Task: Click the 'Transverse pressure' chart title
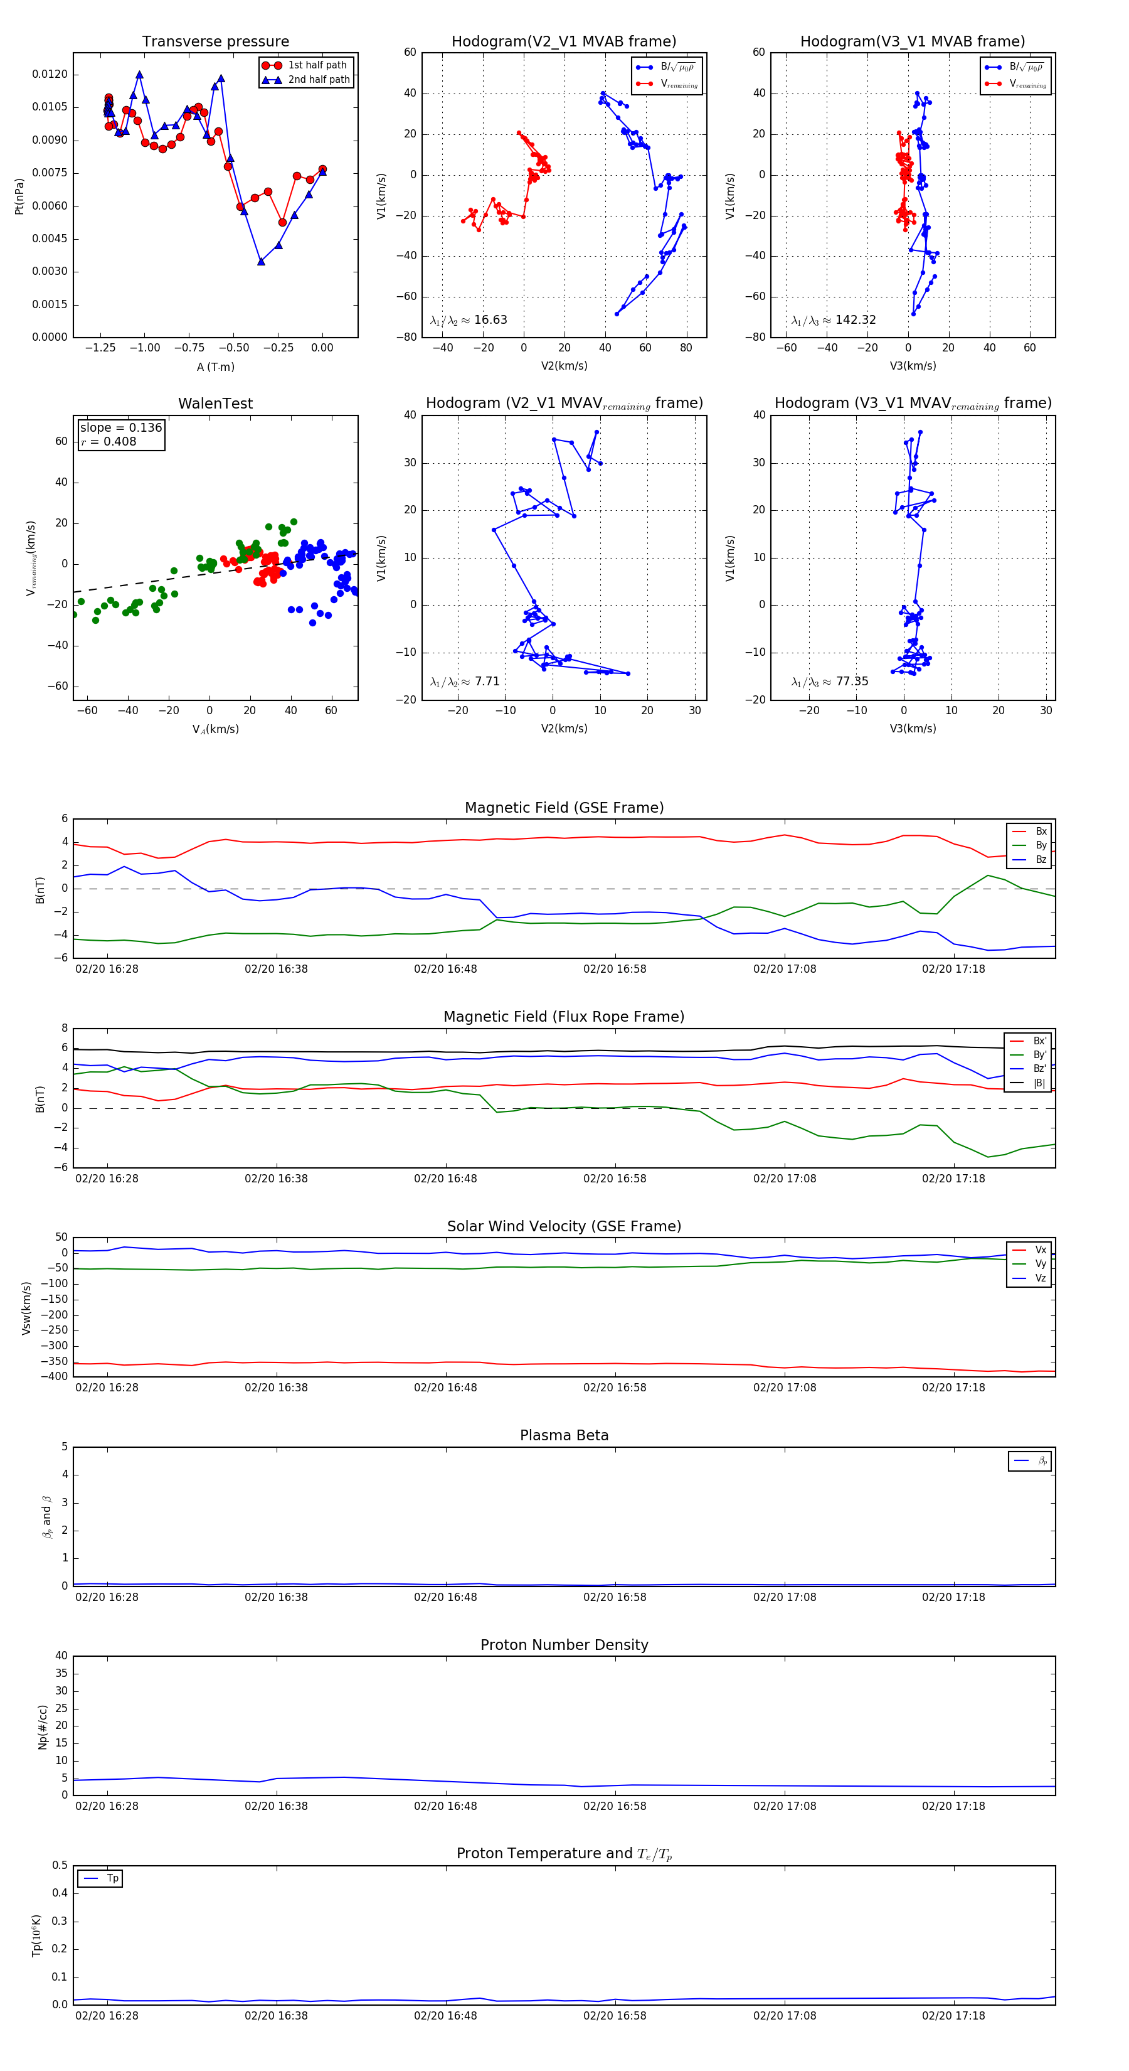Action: tap(215, 42)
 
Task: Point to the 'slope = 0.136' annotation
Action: tap(120, 428)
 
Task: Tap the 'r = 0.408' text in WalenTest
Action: tap(109, 441)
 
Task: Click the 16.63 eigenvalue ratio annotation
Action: tap(469, 320)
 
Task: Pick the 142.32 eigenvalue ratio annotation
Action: tap(834, 320)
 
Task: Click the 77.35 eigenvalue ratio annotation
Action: tap(829, 682)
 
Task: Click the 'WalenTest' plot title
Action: tap(215, 404)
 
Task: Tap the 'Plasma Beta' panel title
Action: tap(564, 1435)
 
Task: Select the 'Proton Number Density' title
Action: tap(564, 1644)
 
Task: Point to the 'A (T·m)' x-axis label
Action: tap(215, 367)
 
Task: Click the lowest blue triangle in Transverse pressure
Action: tap(261, 261)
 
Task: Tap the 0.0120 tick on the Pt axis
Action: tap(50, 74)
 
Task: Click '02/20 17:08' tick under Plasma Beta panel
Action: tap(784, 1597)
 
